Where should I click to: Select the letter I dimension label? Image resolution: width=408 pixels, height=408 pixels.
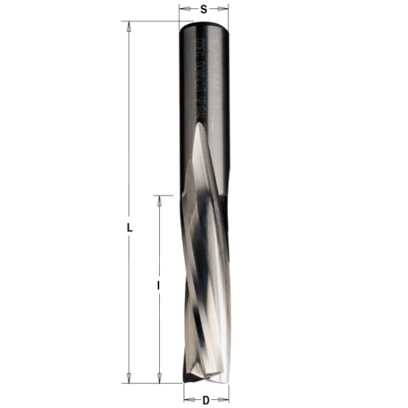(159, 284)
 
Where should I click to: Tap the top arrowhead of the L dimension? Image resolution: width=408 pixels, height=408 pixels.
(130, 27)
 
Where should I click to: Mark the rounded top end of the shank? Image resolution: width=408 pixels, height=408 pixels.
(204, 25)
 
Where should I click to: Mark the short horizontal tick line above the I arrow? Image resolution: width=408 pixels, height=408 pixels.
(164, 195)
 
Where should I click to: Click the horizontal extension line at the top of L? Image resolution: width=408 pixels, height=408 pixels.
(148, 21)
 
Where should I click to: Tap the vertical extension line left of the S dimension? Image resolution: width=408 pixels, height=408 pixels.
(180, 13)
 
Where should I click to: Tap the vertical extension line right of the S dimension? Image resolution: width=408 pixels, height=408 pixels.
(228, 13)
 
